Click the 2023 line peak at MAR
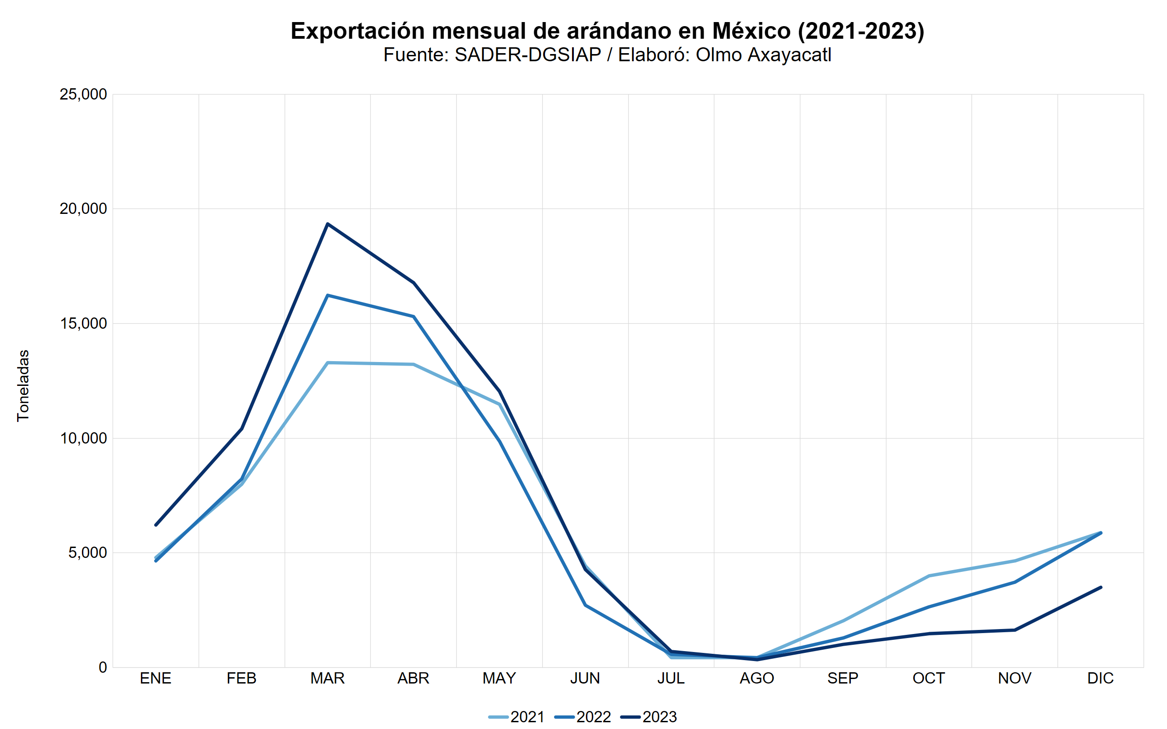327,224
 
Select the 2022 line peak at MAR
327,295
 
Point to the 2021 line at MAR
327,362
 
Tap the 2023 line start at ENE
155,525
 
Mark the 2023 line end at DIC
1101,587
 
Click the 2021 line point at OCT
929,575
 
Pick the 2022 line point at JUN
586,605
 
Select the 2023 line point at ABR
414,282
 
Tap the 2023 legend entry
649,717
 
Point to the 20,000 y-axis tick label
83,209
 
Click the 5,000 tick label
87,552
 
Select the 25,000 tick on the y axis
83,95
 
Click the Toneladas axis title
23,386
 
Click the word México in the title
751,31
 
